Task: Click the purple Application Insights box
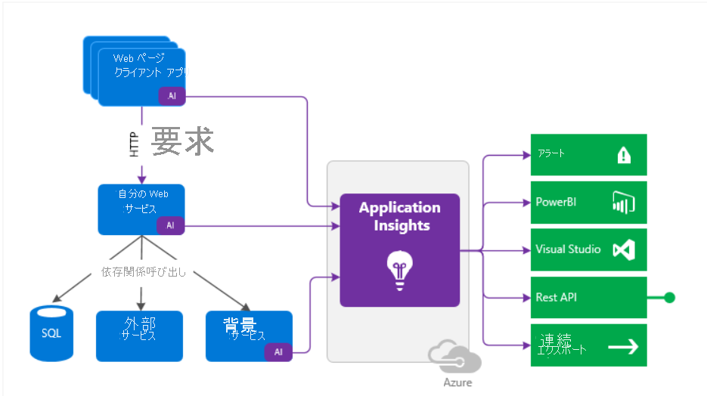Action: pos(399,249)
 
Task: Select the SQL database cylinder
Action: pos(51,333)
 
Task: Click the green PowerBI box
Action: pos(588,203)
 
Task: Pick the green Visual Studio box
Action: pos(588,249)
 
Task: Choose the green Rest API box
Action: pos(588,298)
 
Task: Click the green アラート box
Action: pos(588,155)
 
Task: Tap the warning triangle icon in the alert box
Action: pos(623,155)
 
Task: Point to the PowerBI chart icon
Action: pos(622,203)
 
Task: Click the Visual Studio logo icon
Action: pos(622,250)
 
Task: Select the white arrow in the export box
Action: pos(623,346)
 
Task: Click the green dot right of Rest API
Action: pos(669,298)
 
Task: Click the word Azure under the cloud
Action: pos(457,382)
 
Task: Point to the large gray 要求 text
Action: pos(182,141)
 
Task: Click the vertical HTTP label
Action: pos(135,144)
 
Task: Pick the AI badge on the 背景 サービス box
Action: pos(278,351)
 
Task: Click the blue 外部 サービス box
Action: pos(139,336)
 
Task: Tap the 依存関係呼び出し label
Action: pos(144,272)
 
